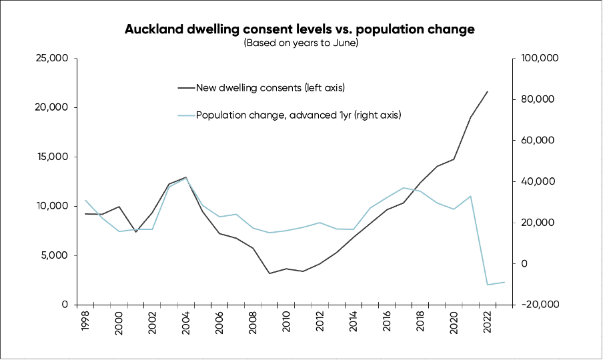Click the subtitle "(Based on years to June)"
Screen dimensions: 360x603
[x=301, y=43]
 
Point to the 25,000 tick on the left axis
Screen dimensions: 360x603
[x=51, y=59]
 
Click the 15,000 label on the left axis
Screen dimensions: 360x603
[x=51, y=157]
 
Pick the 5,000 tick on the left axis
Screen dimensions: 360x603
[x=53, y=255]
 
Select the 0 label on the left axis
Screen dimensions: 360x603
[x=65, y=305]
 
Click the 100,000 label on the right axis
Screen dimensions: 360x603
[x=537, y=59]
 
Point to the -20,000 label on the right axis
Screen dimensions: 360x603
[x=538, y=305]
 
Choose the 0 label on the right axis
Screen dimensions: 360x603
[x=524, y=264]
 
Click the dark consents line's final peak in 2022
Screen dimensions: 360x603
[x=488, y=91]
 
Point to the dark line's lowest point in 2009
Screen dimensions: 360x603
[x=269, y=273]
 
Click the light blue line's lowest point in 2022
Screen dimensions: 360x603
[x=488, y=285]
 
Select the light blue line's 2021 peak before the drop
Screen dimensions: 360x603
[x=471, y=196]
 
